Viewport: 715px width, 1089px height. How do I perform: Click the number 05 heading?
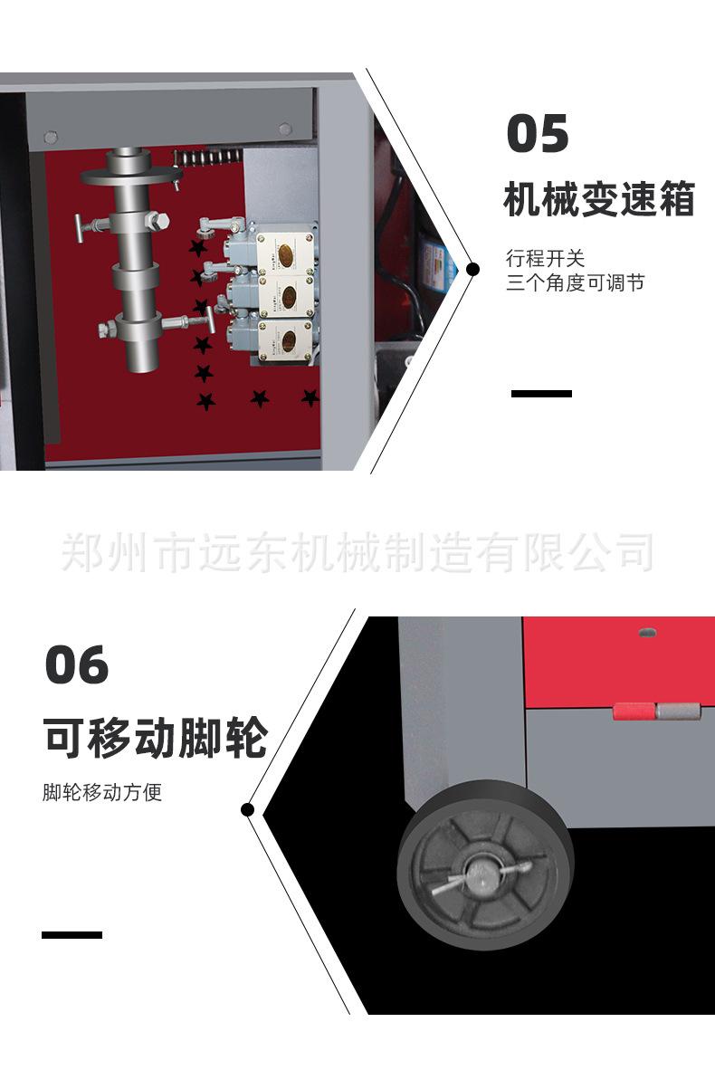point(538,134)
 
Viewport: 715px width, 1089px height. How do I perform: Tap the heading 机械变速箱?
point(598,200)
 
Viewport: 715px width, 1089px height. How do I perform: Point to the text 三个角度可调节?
point(575,282)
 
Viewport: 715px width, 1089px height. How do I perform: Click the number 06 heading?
point(77,665)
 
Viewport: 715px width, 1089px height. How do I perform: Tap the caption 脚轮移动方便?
point(102,793)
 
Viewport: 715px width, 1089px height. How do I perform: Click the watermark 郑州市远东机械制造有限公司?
point(357,552)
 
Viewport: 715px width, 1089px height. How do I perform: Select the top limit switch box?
point(287,253)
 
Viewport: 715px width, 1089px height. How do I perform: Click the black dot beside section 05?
point(472,269)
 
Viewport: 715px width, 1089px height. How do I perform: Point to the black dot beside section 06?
point(249,809)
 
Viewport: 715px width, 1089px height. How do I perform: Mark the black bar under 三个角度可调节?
point(541,394)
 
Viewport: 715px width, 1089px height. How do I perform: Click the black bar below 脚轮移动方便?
point(72,934)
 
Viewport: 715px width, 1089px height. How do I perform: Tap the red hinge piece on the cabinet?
point(634,712)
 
